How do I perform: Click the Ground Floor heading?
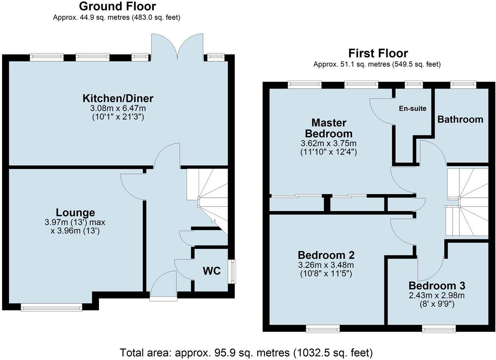tap(117, 6)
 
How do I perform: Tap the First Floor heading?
tap(378, 53)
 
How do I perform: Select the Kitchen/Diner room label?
tap(118, 98)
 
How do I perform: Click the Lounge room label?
tap(75, 213)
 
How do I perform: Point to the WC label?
tap(212, 271)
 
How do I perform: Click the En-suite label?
tap(413, 109)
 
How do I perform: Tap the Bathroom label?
tap(460, 119)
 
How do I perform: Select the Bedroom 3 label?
tap(437, 286)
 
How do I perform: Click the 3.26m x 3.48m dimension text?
tap(326, 265)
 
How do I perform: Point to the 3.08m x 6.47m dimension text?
tap(118, 108)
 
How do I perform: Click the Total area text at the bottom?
tap(246, 352)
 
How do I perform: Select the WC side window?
tap(232, 271)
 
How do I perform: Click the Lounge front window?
tap(51, 308)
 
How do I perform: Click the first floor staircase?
tap(468, 203)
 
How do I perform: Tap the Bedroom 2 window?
tap(323, 329)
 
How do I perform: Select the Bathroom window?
tap(463, 85)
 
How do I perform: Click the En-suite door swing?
tap(381, 111)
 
